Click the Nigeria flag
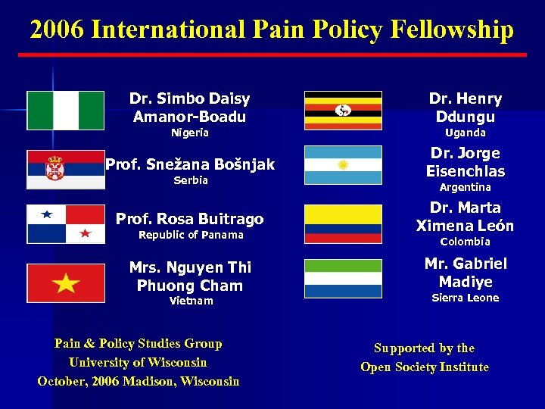click(66, 111)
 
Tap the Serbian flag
click(66, 169)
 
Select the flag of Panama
click(66, 224)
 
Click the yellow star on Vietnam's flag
click(67, 284)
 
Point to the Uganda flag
click(343, 111)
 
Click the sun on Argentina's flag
click(342, 165)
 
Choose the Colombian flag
click(343, 224)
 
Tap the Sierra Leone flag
click(343, 279)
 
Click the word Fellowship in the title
click(452, 30)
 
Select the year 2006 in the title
click(57, 30)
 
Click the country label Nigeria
click(189, 133)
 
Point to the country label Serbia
click(190, 181)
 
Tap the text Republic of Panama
click(191, 236)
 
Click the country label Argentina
click(466, 187)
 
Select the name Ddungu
click(466, 117)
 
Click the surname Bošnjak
click(237, 164)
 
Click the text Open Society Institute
click(425, 367)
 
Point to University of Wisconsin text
click(138, 362)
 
